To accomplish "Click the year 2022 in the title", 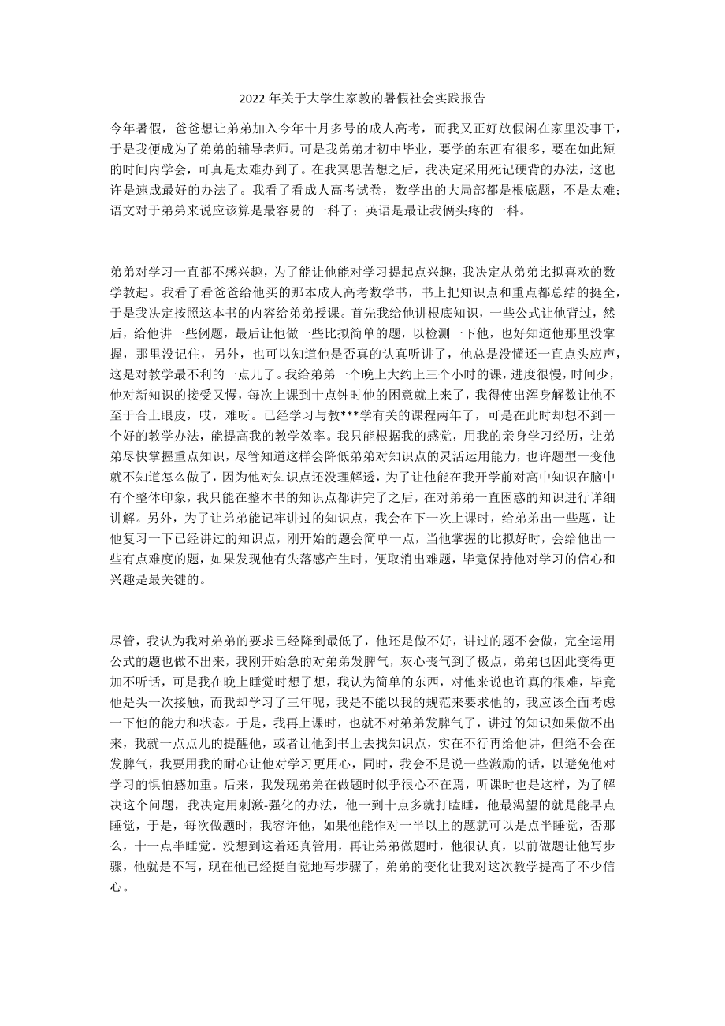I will (x=252, y=99).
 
